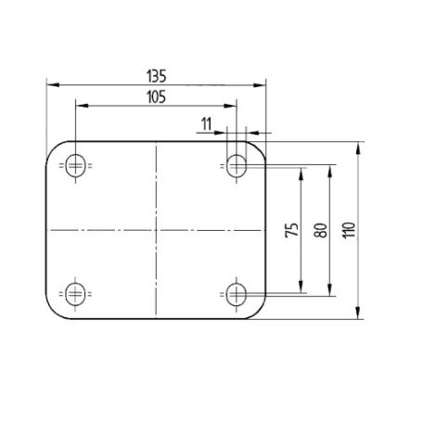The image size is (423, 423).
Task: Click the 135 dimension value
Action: click(x=157, y=76)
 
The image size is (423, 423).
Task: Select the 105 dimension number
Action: click(x=157, y=97)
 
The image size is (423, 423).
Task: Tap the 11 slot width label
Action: click(x=206, y=124)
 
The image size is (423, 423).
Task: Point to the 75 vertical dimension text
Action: click(x=292, y=230)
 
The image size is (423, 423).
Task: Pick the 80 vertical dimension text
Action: click(x=321, y=230)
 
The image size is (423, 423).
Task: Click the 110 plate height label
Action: click(x=349, y=230)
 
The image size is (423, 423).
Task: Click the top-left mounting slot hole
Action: click(x=76, y=166)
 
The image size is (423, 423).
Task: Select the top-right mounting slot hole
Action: click(x=237, y=166)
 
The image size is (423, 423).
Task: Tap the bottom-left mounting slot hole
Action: click(x=75, y=294)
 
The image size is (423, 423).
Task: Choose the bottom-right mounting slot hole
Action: click(x=237, y=294)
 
